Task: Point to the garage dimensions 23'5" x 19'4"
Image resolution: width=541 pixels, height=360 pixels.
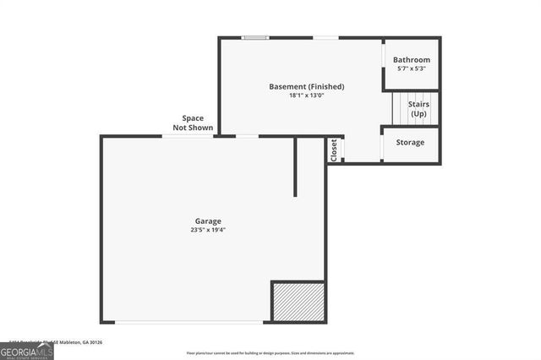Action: [x=208, y=230]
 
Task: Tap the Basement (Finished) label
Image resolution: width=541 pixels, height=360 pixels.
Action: [x=306, y=86]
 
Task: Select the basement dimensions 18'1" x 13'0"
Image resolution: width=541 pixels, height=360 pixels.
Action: [x=306, y=95]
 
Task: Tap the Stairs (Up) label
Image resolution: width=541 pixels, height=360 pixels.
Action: [x=418, y=109]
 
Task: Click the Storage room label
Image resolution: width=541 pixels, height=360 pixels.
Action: [x=411, y=142]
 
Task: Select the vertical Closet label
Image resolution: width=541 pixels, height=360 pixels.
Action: [x=335, y=150]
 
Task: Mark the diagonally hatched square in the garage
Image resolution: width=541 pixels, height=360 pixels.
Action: [x=298, y=302]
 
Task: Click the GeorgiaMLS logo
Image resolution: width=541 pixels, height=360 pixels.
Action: [x=26, y=350]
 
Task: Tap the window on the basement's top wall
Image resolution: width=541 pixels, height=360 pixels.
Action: [x=254, y=37]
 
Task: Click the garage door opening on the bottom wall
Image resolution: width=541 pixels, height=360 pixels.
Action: [x=189, y=322]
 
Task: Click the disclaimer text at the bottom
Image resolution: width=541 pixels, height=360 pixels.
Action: [x=271, y=352]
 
